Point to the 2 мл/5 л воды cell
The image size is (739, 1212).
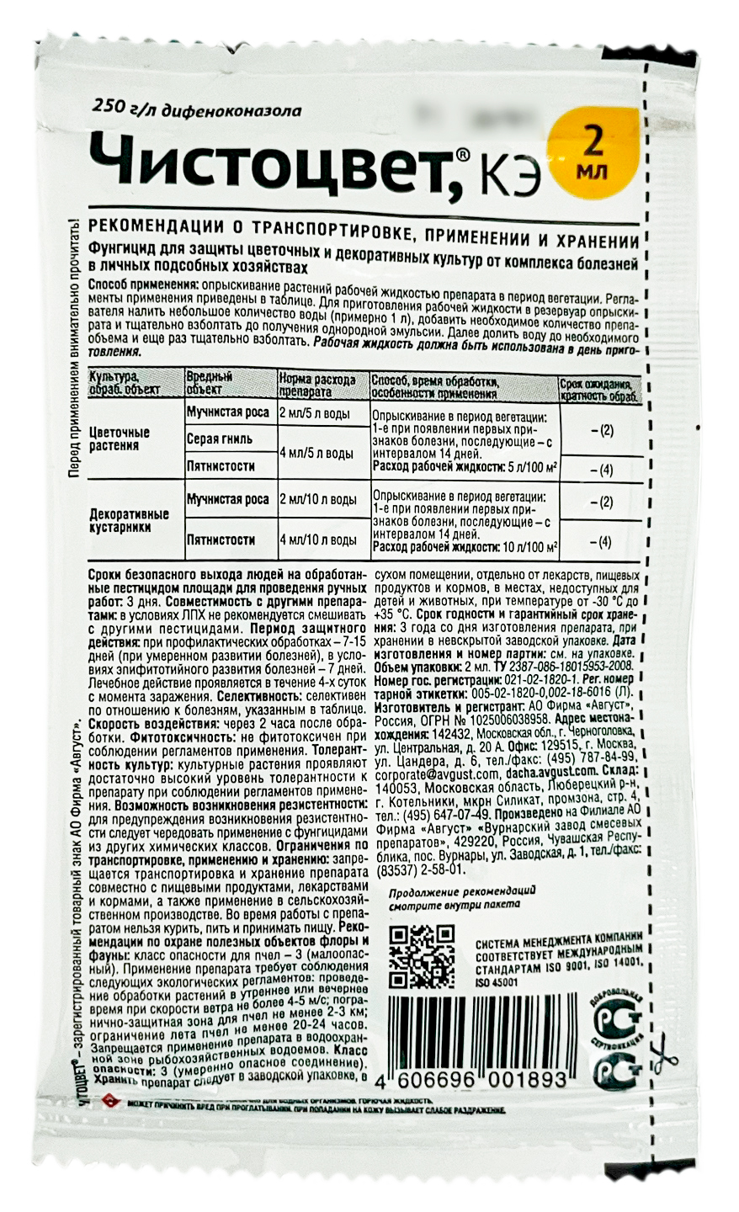click(x=321, y=412)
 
